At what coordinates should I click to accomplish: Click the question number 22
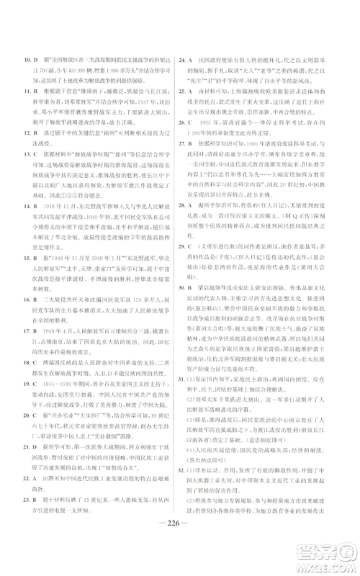click(27, 479)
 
